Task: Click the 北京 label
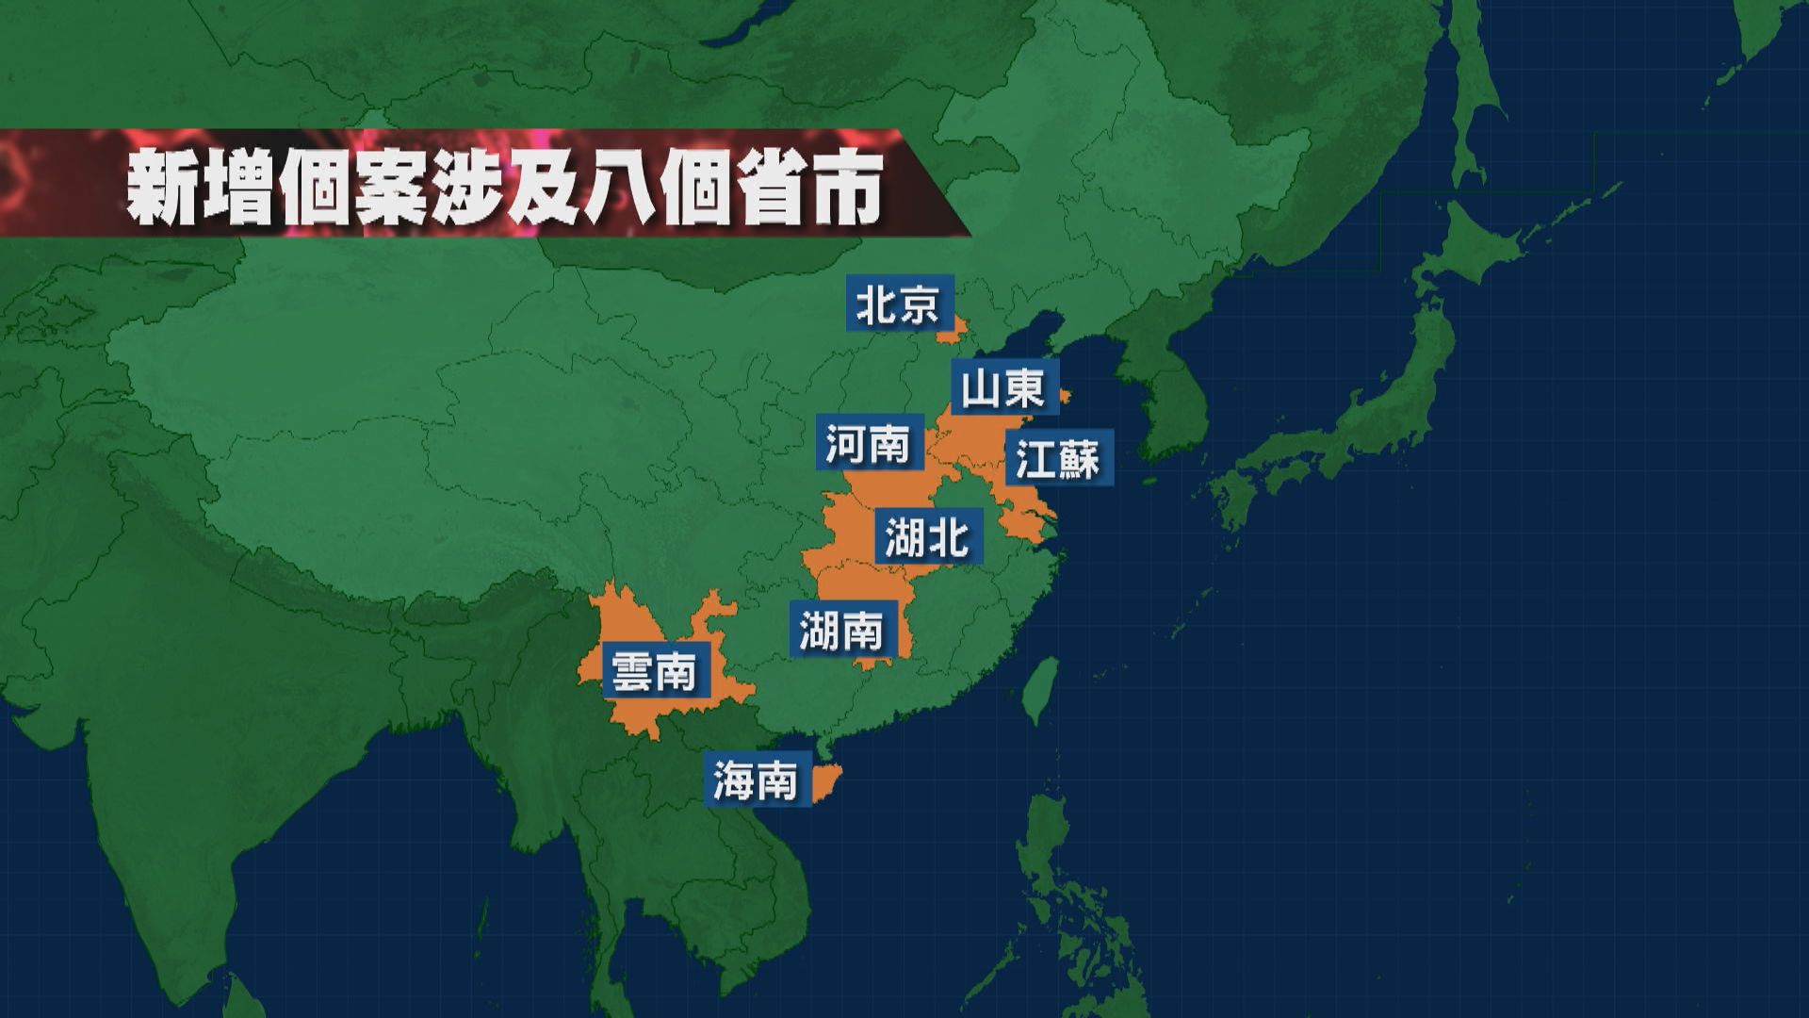898,304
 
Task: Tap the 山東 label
1002,387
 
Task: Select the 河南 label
868,442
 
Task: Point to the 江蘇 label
1058,459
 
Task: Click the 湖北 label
928,537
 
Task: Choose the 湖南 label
842,630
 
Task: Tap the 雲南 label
655,671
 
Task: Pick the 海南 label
756,780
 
